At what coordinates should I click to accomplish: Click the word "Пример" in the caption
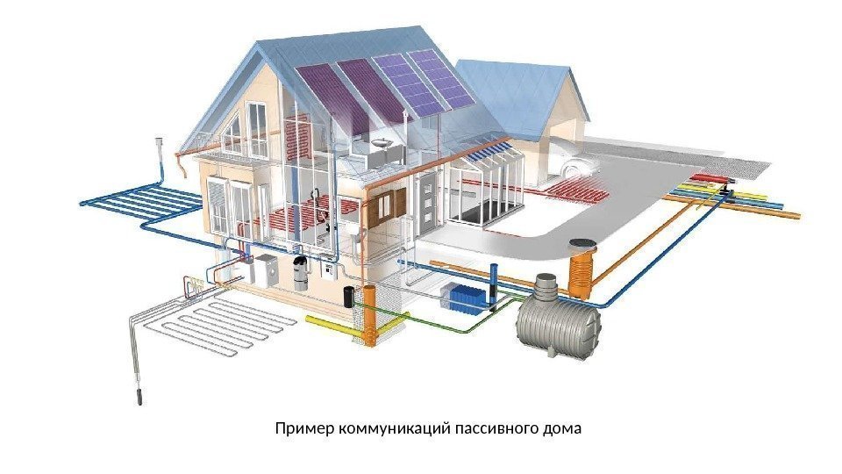pos(300,430)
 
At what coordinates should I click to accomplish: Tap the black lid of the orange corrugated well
pos(581,246)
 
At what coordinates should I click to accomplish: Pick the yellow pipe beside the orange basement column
pos(329,325)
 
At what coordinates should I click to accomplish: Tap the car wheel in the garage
pos(574,169)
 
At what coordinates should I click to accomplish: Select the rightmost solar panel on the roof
pos(436,80)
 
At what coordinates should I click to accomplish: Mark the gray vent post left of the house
pos(159,154)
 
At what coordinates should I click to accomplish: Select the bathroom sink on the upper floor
pos(382,142)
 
